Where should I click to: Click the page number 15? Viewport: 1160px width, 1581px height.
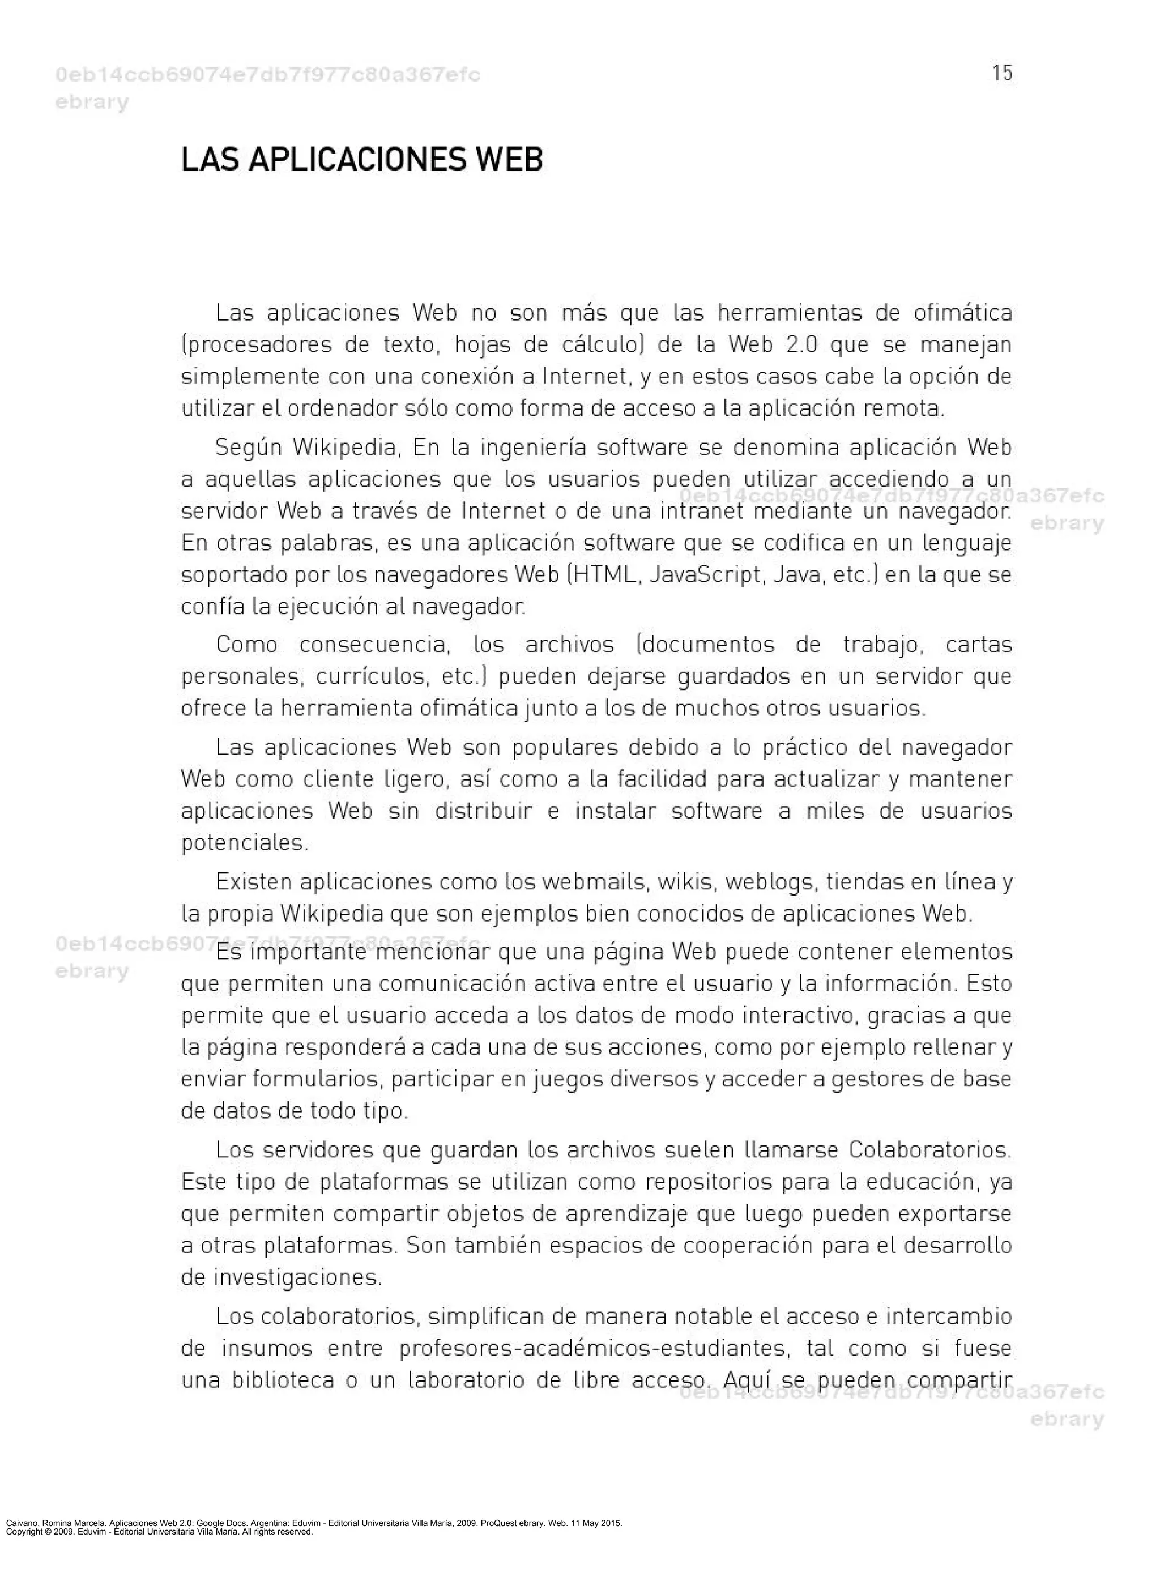(x=1002, y=73)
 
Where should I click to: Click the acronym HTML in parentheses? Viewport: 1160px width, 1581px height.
(x=606, y=575)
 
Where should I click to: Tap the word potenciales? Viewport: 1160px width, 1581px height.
(x=244, y=842)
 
